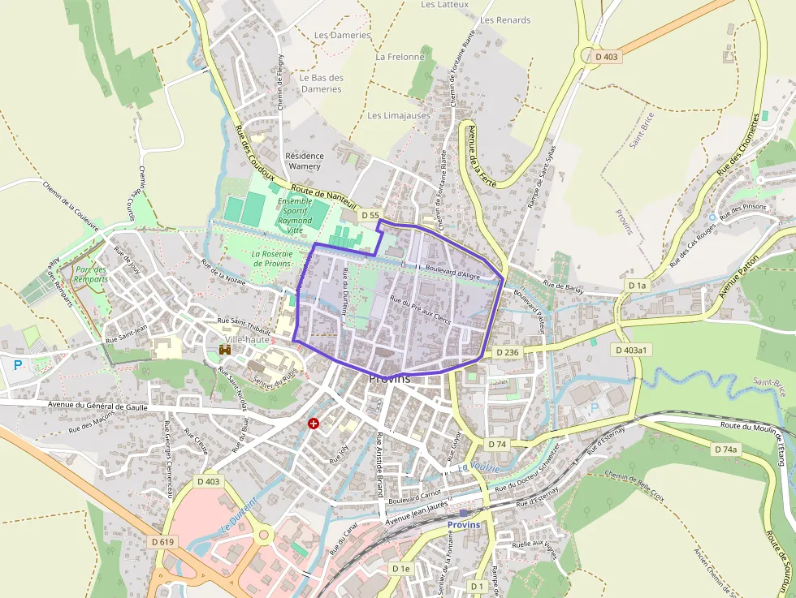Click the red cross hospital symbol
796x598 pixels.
point(314,424)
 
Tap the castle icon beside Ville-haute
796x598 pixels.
point(225,350)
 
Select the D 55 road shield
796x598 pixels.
point(370,215)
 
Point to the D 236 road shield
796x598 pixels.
point(505,352)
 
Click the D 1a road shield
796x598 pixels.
point(638,286)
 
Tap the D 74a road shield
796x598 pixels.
point(725,449)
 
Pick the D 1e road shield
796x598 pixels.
point(401,569)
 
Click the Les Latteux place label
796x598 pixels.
point(445,5)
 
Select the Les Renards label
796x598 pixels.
point(505,20)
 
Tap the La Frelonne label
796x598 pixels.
point(400,58)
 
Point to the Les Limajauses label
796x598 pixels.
point(399,116)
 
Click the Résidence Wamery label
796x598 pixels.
point(305,161)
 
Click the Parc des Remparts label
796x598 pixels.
point(90,274)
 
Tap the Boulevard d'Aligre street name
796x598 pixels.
point(452,273)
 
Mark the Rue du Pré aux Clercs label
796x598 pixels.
point(420,309)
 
